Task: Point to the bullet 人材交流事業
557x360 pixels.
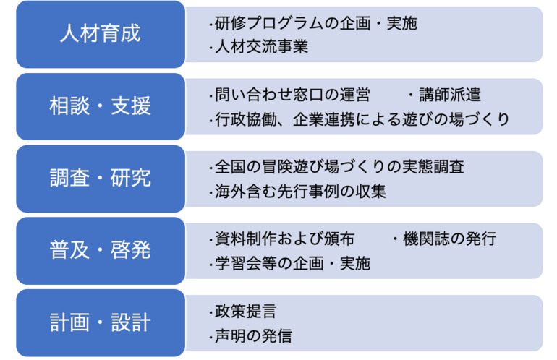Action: point(258,47)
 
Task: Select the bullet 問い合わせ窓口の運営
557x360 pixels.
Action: point(289,95)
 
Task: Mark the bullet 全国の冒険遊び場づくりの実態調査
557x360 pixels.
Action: point(336,167)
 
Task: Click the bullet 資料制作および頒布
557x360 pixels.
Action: point(281,239)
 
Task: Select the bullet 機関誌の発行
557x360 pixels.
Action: point(444,239)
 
